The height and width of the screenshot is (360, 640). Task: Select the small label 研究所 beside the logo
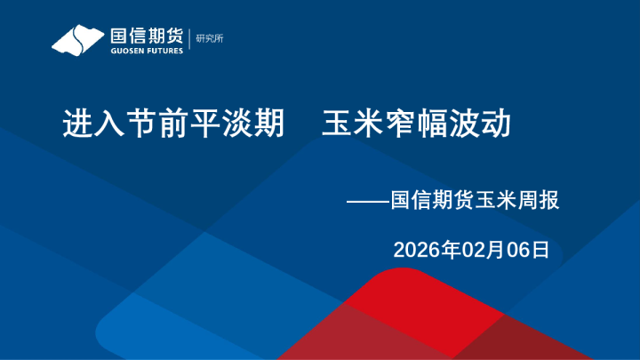(210, 37)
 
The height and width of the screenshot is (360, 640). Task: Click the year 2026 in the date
(415, 250)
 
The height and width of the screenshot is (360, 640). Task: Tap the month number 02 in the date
(469, 250)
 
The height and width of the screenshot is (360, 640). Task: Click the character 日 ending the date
(540, 250)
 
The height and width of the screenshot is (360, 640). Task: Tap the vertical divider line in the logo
(188, 40)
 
